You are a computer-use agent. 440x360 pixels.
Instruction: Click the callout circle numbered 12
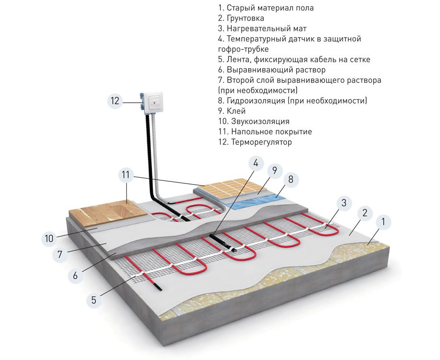pos(115,101)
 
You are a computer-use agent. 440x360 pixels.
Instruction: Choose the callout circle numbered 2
pos(364,213)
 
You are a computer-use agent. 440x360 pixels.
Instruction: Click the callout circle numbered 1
pos(383,222)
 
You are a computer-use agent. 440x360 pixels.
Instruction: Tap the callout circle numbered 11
pos(126,174)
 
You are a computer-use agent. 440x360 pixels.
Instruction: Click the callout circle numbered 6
pos(75,275)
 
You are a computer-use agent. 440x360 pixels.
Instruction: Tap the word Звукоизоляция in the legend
pos(260,121)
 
